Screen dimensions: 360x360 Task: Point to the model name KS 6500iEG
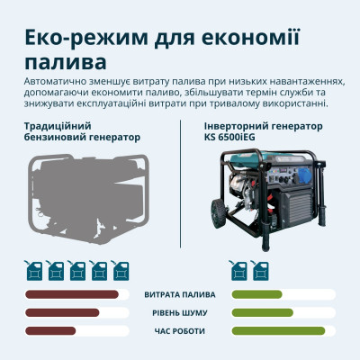[x=235, y=138]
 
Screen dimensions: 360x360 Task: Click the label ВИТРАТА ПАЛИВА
[x=180, y=295]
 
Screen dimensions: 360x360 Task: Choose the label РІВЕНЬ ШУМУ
[x=180, y=313]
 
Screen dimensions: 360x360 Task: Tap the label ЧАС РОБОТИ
[x=180, y=330]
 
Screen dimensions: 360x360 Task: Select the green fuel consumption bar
[x=257, y=295]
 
